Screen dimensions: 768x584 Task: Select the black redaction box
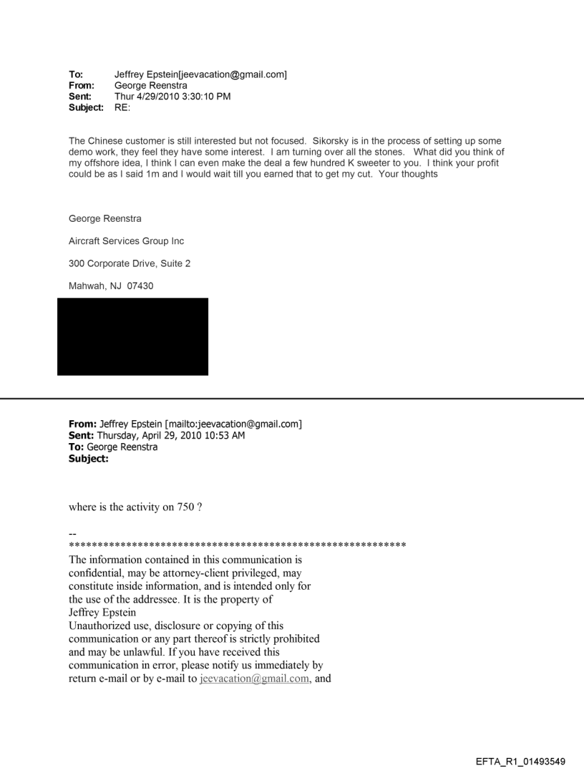click(x=132, y=336)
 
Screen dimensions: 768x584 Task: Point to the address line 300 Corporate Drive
click(x=120, y=264)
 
